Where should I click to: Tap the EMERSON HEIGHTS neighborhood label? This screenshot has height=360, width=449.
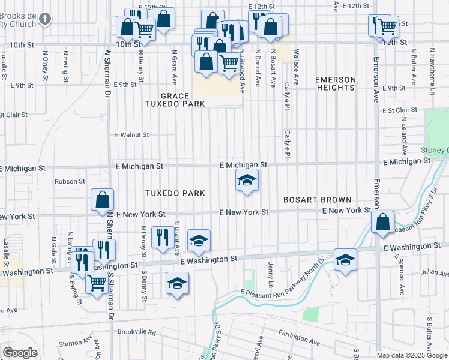point(336,83)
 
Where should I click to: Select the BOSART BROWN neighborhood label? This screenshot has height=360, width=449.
point(317,199)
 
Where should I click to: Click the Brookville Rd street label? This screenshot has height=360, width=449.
point(136,332)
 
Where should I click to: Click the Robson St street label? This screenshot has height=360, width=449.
point(70,181)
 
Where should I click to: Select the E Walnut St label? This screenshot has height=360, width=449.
point(132,135)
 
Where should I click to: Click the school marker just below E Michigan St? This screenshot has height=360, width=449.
point(246,180)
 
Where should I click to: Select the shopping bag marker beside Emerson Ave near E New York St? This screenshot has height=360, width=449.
point(382,222)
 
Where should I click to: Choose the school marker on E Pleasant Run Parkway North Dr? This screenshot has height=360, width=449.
point(345,259)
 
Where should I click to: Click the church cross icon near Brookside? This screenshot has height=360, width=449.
point(44,19)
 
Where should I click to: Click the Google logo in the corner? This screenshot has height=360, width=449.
point(20,353)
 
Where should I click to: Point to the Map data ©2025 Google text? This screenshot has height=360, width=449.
point(412,355)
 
